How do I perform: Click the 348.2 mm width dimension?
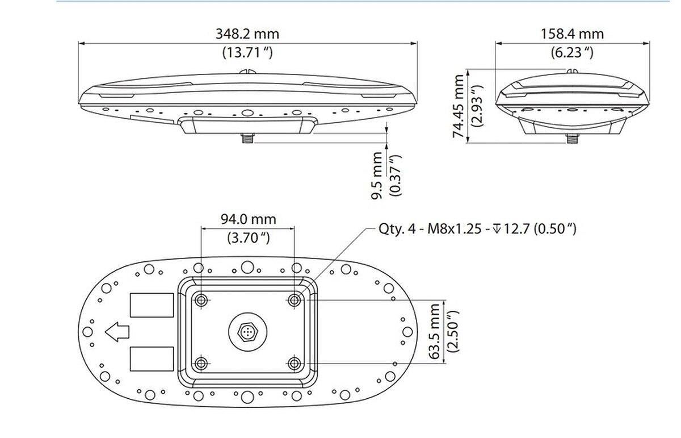(247, 34)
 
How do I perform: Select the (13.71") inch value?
(247, 53)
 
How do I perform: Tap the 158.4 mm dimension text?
(572, 34)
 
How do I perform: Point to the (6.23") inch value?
(572, 53)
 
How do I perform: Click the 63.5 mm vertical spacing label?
(435, 331)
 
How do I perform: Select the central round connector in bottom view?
(247, 331)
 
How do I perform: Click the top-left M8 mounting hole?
(201, 300)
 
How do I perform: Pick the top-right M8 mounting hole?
(293, 300)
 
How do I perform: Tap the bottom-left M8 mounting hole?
(201, 363)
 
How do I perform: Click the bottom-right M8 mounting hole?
(293, 363)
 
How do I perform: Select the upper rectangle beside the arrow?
(152, 305)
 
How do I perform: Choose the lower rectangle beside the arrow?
(152, 358)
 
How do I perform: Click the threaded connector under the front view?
(247, 138)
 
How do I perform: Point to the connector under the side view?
(571, 139)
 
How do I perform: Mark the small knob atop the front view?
(247, 72)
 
